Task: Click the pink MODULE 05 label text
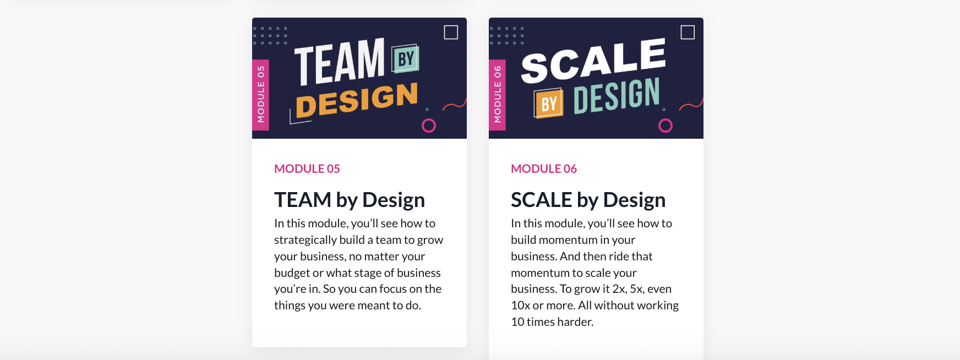pyautogui.click(x=307, y=169)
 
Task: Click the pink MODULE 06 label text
pyautogui.click(x=544, y=169)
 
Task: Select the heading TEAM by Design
pyautogui.click(x=350, y=200)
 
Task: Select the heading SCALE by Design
pyautogui.click(x=588, y=200)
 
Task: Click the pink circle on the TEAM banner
pyautogui.click(x=429, y=119)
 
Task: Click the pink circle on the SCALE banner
pyautogui.click(x=666, y=119)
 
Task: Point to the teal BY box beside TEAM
pyautogui.click(x=406, y=59)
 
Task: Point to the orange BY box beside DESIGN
pyautogui.click(x=548, y=103)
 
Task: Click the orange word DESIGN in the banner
pyautogui.click(x=357, y=100)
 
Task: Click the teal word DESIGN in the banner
pyautogui.click(x=617, y=96)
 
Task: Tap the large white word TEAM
pyautogui.click(x=340, y=61)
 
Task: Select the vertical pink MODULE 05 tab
pyautogui.click(x=260, y=95)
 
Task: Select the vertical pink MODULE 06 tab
pyautogui.click(x=497, y=95)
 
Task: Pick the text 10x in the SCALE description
pyautogui.click(x=520, y=306)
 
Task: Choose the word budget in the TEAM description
pyautogui.click(x=292, y=273)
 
